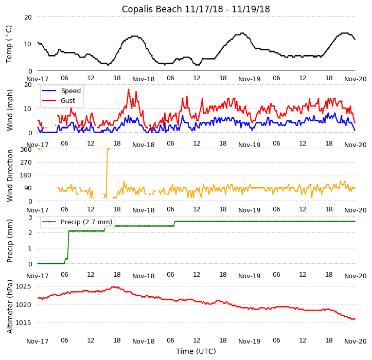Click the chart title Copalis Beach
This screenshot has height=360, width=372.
196,9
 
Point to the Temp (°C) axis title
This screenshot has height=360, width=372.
9,44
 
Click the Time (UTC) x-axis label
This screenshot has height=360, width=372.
196,351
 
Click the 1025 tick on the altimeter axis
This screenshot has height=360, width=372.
24,286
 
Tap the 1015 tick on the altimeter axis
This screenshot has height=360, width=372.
24,322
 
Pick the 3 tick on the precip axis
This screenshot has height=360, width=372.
30,217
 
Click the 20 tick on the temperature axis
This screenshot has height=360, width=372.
28,17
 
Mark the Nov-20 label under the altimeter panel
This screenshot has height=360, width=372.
355,341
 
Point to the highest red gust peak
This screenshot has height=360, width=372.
129,90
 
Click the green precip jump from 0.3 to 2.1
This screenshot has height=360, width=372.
68,244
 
